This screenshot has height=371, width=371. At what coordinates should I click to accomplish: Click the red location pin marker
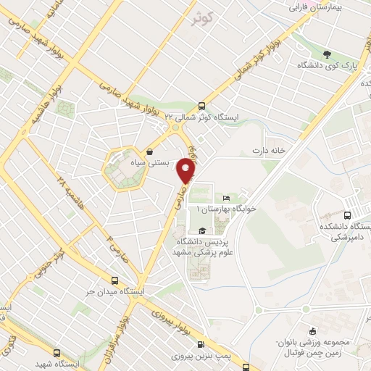(x=188, y=170)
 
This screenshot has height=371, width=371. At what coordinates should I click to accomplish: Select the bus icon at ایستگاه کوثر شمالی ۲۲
(x=202, y=104)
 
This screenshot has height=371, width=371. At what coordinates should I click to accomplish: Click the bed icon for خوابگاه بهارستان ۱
(x=226, y=198)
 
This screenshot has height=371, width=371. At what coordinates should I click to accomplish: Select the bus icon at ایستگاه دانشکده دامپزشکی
(x=347, y=215)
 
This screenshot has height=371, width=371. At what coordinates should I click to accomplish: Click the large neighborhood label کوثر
(x=204, y=20)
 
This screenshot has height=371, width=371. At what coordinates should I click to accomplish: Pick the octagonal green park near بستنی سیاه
(x=121, y=169)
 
